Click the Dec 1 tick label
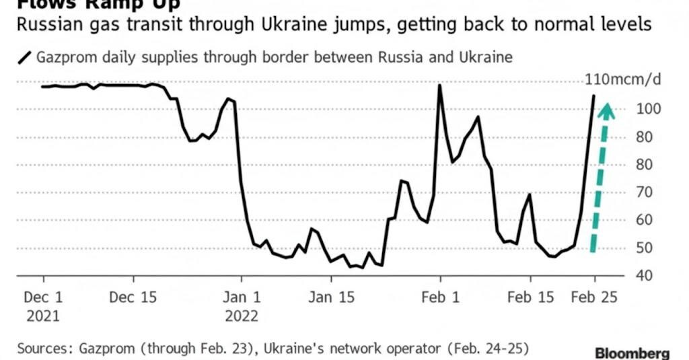click(44, 297)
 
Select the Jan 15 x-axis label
click(330, 297)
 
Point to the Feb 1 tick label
click(440, 297)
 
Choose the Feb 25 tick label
click(594, 297)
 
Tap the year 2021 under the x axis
click(44, 316)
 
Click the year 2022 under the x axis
click(242, 316)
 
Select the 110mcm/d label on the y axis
click(623, 80)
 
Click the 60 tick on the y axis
click(646, 220)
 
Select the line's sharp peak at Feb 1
click(439, 85)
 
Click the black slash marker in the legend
click(25, 57)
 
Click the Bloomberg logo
click(632, 353)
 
